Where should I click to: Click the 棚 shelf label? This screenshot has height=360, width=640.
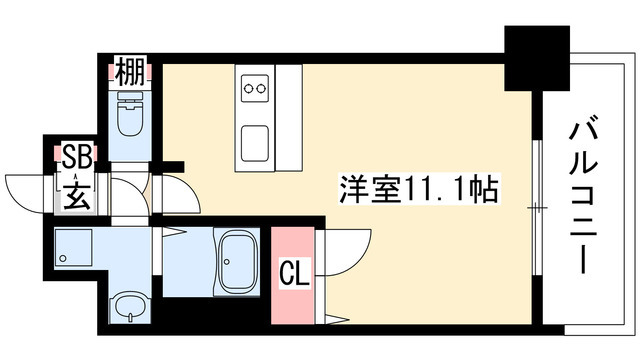[130, 71]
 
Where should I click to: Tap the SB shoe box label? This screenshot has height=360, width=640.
[76, 157]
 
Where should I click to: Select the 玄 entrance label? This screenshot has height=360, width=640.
[77, 196]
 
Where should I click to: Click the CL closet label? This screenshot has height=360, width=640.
[294, 273]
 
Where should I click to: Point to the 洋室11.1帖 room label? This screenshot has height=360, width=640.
[419, 190]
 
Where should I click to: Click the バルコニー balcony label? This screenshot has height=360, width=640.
[584, 194]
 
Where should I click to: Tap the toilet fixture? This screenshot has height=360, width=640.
[129, 113]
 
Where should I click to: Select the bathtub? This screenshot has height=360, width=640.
[238, 261]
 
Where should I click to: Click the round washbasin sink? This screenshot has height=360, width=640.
[130, 306]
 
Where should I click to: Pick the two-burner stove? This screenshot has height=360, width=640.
[255, 88]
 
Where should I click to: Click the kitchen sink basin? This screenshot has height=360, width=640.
[255, 143]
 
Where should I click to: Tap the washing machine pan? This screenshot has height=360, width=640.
[73, 248]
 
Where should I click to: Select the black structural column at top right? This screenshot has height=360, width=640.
[537, 58]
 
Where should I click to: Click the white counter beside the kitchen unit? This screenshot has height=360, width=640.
[289, 118]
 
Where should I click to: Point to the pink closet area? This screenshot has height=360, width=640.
[293, 276]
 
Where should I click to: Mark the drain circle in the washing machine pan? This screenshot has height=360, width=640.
[62, 258]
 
